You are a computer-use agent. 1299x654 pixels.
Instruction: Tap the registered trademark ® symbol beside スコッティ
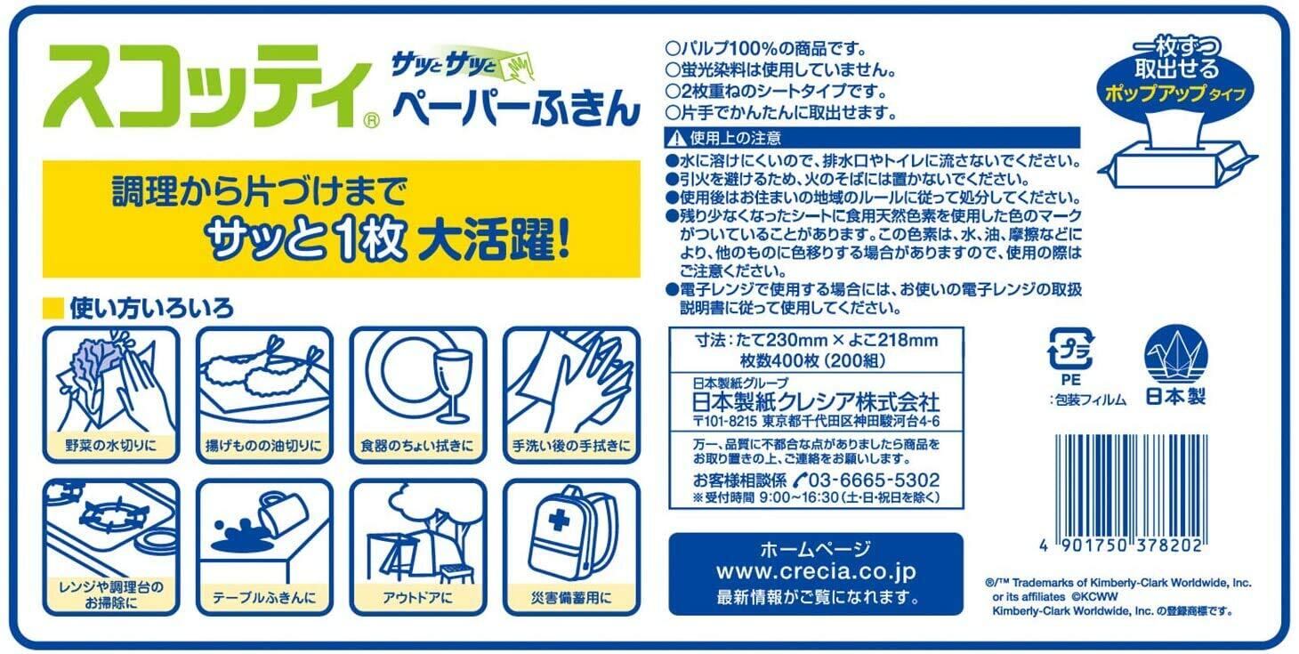(372, 120)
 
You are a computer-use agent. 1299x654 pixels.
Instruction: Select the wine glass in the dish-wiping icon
(453, 384)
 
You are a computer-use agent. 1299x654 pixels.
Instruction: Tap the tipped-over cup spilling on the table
(283, 513)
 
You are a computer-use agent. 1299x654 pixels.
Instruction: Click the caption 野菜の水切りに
(110, 445)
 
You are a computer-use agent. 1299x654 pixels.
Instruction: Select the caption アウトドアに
(417, 597)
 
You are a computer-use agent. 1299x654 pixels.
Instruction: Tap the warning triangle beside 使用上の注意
(676, 138)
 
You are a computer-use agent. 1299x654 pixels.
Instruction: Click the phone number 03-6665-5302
(874, 480)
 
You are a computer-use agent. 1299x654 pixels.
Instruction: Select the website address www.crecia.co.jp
(816, 571)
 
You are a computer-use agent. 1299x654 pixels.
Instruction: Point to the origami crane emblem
(1176, 354)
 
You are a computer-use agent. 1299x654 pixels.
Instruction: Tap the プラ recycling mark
(1071, 349)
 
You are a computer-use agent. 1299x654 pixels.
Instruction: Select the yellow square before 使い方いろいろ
(53, 308)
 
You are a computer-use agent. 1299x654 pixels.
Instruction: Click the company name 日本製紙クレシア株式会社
(816, 402)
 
